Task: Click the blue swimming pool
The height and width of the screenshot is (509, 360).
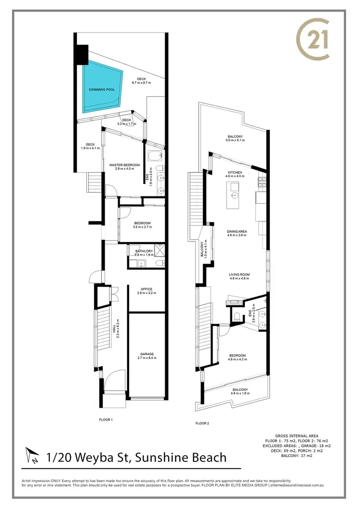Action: coord(102,89)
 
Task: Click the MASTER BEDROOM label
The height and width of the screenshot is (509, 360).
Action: coord(124,165)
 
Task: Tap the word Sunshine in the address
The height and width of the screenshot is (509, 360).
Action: coord(158,457)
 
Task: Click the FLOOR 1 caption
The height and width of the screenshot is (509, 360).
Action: coord(105,419)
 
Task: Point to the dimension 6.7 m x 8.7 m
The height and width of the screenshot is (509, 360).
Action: coord(141,83)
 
